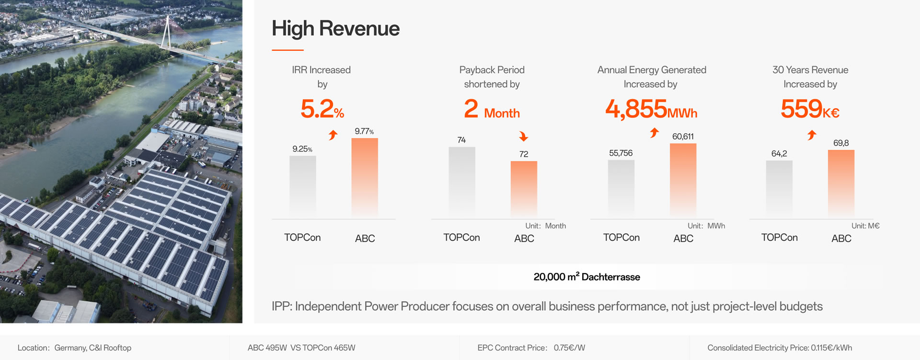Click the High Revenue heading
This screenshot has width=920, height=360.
(x=335, y=29)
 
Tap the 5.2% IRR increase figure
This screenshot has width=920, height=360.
(x=322, y=109)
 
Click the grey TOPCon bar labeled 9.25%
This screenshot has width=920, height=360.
(x=302, y=185)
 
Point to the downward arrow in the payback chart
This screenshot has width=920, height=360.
(x=523, y=137)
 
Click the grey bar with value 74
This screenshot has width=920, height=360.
(x=462, y=181)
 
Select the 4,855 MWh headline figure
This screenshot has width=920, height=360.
(x=651, y=109)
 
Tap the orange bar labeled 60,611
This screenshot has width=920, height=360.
(x=683, y=179)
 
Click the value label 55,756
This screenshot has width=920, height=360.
(x=621, y=153)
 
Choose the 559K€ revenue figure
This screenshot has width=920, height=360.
(x=810, y=109)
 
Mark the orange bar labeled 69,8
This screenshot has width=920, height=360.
(x=841, y=183)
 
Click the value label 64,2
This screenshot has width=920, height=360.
(x=779, y=154)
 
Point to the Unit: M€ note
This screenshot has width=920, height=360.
(x=865, y=226)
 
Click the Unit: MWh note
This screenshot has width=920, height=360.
(x=706, y=226)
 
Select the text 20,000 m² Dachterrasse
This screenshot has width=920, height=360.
(x=586, y=277)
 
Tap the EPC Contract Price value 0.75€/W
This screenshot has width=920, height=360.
(x=569, y=348)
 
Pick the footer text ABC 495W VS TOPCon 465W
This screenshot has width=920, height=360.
(x=301, y=348)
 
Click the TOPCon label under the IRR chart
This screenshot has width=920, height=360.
(x=302, y=238)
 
